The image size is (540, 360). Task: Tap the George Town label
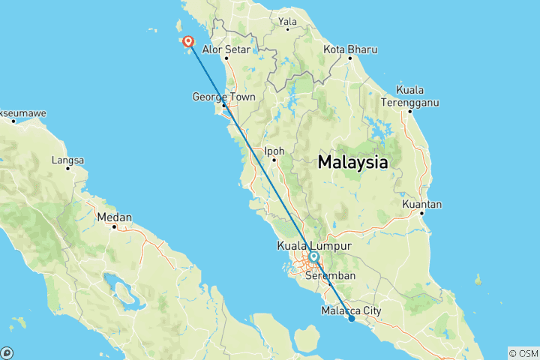tap(223, 97)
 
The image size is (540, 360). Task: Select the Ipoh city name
tap(274, 150)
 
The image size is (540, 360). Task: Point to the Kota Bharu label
tap(350, 49)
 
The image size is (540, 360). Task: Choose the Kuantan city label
tap(422, 204)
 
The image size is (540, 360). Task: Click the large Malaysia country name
tap(353, 162)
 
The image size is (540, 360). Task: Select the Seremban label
tap(331, 275)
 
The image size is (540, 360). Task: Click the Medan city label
tap(115, 217)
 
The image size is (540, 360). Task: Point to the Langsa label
tap(68, 160)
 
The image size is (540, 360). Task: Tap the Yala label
tap(287, 21)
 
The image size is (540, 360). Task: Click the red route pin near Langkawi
tap(187, 43)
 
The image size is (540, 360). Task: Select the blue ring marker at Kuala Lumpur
tap(313, 257)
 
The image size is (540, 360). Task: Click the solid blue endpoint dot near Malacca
tap(352, 319)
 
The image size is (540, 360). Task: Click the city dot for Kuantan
tap(423, 213)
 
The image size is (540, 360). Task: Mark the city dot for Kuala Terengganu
tap(410, 112)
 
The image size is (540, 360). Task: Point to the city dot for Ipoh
tap(274, 160)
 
